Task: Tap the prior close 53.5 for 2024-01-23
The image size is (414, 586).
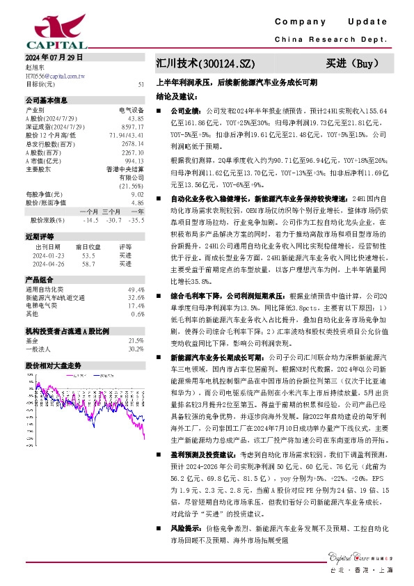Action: [x=89, y=255]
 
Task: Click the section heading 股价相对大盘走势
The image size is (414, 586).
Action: [x=54, y=365]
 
